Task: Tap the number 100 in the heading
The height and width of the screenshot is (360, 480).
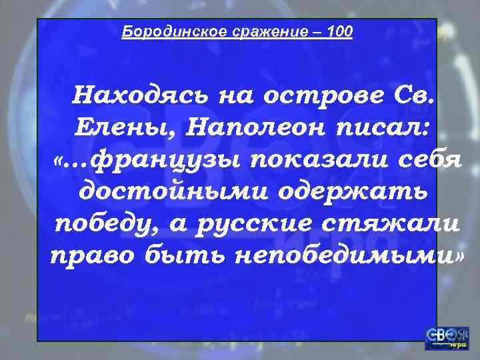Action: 341,31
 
